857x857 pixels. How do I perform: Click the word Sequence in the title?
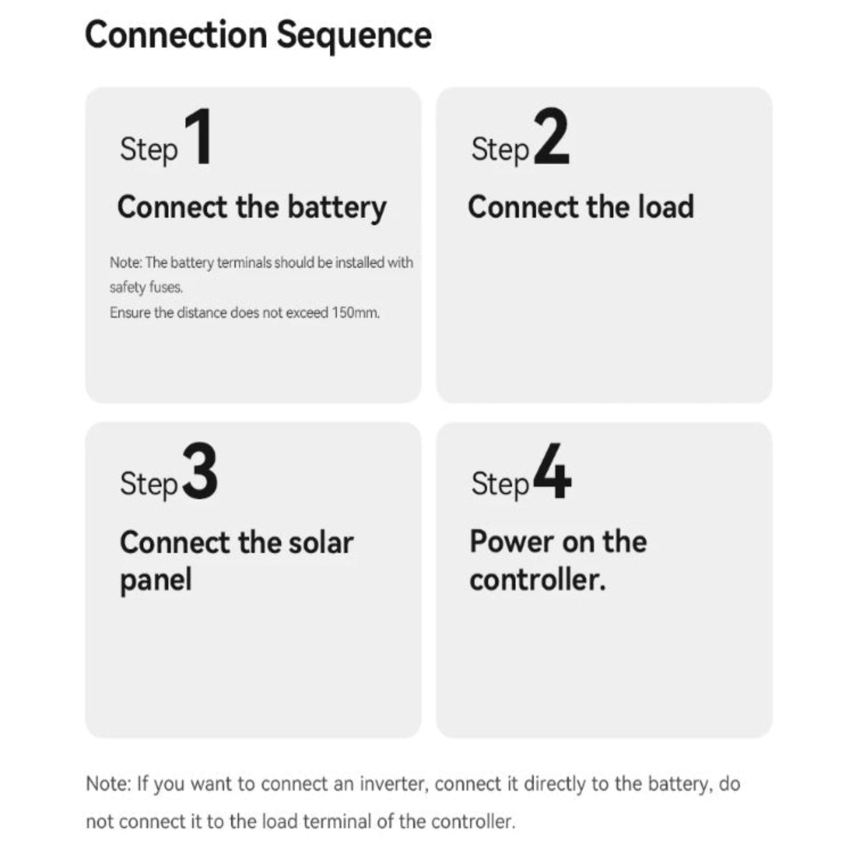(354, 35)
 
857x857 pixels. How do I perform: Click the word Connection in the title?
(176, 35)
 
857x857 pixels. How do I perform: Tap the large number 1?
(199, 137)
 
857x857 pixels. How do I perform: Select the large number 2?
(551, 137)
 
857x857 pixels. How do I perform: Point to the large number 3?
(200, 472)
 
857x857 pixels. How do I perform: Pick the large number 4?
(552, 472)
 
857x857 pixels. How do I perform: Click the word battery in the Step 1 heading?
(337, 208)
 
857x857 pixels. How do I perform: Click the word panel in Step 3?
(155, 580)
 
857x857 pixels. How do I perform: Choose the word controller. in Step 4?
(537, 579)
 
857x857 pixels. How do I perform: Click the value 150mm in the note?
(355, 313)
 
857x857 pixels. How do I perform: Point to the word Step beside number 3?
(148, 483)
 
